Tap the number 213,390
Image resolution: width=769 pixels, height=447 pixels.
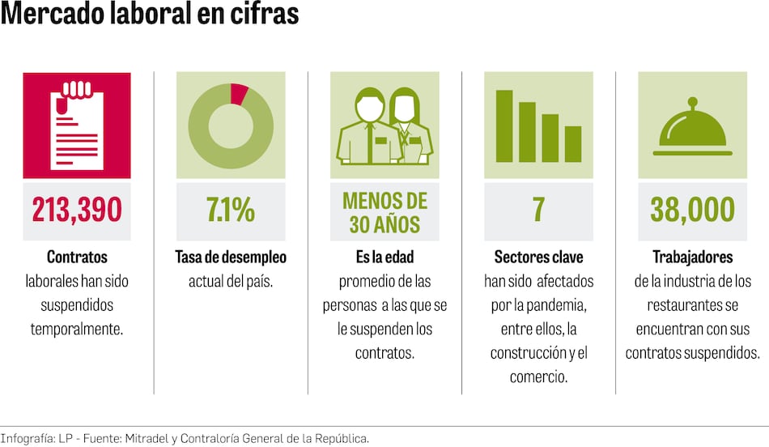[x=77, y=210]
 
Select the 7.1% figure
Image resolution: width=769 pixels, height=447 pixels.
[x=231, y=210]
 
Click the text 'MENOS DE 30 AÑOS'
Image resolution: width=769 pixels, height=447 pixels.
[x=384, y=211]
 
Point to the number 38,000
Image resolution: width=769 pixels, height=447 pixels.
[x=692, y=210]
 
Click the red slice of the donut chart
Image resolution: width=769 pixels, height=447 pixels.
[x=239, y=93]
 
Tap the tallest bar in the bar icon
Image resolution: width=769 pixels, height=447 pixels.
[x=504, y=126]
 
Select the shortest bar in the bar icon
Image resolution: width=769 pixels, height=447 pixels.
[x=573, y=143]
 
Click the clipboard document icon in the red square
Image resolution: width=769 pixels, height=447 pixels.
[x=77, y=125]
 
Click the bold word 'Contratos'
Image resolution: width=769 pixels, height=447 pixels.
[x=77, y=257]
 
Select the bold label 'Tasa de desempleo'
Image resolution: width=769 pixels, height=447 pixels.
[x=231, y=257]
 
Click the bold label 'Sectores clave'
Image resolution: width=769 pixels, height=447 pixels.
[x=538, y=257]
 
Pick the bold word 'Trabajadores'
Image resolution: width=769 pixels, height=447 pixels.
[x=692, y=257]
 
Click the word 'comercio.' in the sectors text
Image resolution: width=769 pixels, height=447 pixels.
[x=538, y=377]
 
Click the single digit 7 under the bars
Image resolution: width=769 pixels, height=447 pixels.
[x=538, y=210]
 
